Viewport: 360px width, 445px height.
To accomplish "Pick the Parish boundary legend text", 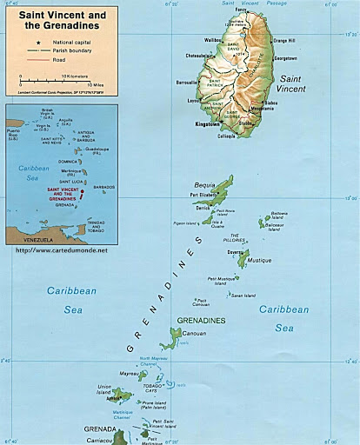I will pos(59,51).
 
